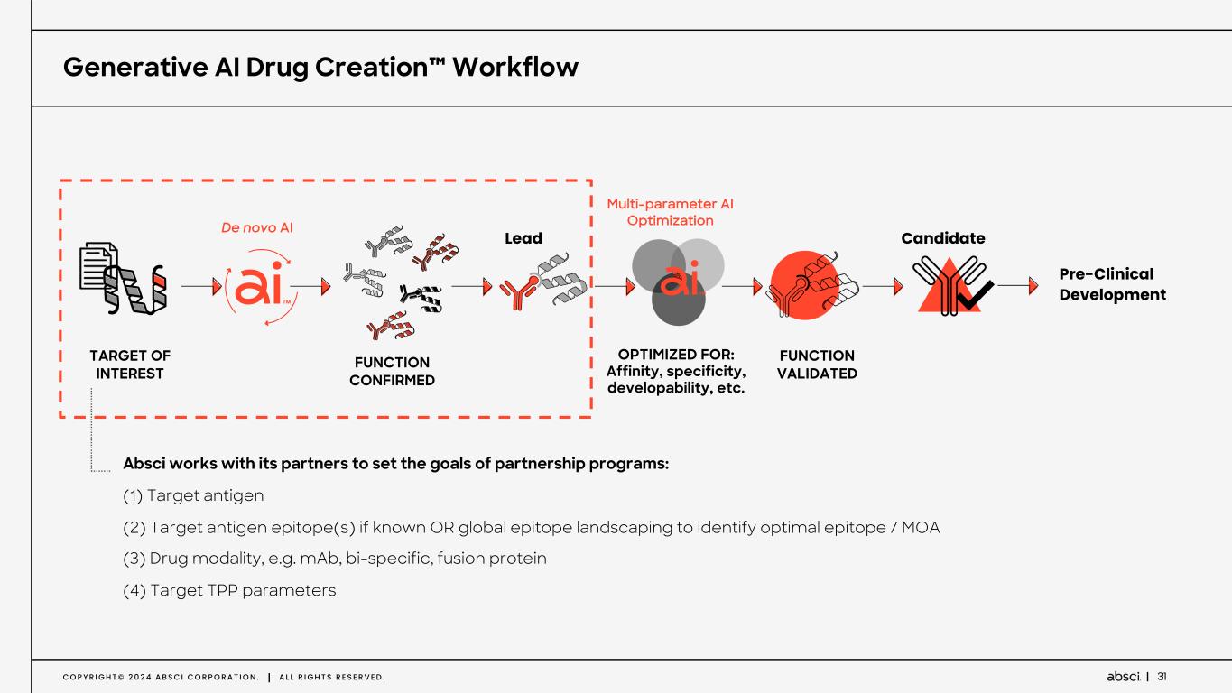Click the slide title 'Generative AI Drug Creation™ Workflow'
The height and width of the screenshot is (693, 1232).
(x=320, y=67)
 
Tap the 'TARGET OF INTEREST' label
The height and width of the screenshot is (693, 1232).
(x=130, y=365)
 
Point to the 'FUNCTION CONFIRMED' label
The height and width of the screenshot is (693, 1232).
(x=392, y=371)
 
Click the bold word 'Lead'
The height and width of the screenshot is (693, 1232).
(x=523, y=238)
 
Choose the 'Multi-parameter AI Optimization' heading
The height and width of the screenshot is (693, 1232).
(x=670, y=212)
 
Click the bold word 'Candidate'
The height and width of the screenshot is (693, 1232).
(x=943, y=238)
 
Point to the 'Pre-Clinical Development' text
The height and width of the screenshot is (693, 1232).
(x=1112, y=284)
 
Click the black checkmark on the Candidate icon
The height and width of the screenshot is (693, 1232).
(x=974, y=296)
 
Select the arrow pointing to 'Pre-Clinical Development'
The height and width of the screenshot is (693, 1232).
(x=1018, y=286)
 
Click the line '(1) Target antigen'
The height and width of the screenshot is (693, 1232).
(x=193, y=495)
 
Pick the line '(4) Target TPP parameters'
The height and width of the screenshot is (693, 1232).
(x=229, y=590)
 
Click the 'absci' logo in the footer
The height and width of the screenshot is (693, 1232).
(x=1122, y=676)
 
